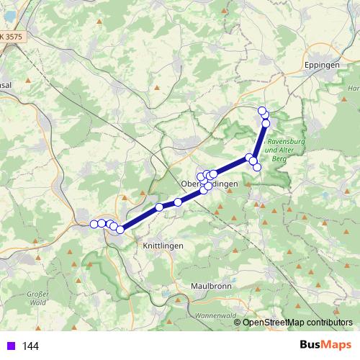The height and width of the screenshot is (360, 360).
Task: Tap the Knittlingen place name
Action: point(159,246)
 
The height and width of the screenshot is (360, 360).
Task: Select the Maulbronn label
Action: point(211,286)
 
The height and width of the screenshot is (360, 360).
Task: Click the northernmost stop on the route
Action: point(262,110)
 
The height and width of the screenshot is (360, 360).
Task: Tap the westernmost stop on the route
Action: point(94,224)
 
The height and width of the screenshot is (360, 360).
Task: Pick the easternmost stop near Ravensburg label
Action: point(257,167)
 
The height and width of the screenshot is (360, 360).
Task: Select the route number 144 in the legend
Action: point(30,346)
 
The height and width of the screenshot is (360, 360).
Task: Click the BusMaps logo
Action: point(324,346)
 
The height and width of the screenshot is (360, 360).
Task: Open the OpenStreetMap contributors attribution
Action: point(297,323)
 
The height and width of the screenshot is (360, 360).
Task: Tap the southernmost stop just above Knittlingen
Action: point(120,230)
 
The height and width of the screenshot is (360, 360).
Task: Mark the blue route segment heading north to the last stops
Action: point(260,140)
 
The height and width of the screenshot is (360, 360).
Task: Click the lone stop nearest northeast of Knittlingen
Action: point(160,207)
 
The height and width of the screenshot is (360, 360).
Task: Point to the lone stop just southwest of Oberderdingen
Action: point(178,202)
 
